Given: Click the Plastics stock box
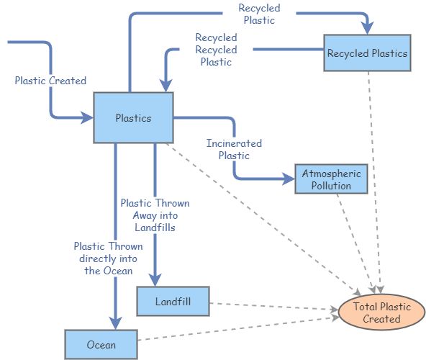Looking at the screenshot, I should tap(133, 117).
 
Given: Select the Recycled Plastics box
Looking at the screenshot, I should tap(367, 53).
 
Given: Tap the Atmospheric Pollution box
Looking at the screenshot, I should tap(331, 179).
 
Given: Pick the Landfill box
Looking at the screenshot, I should tap(173, 301).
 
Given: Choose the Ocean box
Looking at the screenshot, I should tap(101, 344).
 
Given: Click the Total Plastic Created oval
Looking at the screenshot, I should tap(381, 312).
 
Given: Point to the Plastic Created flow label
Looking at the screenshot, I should tap(50, 81).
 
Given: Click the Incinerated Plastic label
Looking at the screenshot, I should tap(234, 149).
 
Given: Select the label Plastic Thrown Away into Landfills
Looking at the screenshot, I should tap(155, 215).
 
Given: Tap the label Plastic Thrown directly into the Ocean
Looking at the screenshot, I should tap(106, 258).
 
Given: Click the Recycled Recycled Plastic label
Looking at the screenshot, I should tap(216, 50).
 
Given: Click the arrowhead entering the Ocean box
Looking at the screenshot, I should tap(115, 323).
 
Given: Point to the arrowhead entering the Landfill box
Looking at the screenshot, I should tap(155, 280).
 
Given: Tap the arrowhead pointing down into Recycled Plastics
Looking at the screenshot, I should tap(368, 27).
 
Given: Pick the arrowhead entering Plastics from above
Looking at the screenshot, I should tap(166, 86).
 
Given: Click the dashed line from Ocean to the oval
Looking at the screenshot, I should tap(237, 327).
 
